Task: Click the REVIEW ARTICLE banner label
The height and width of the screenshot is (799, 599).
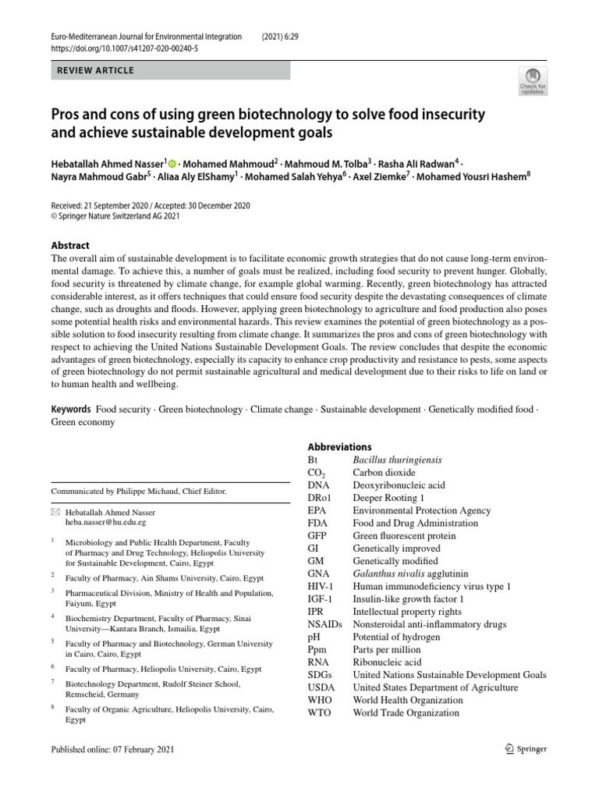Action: click(x=96, y=71)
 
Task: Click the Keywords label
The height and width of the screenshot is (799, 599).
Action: click(x=71, y=409)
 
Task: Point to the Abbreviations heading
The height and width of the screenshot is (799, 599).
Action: click(x=339, y=447)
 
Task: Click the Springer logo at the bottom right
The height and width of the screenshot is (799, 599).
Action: click(x=526, y=749)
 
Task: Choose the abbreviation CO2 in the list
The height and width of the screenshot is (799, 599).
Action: click(x=317, y=473)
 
